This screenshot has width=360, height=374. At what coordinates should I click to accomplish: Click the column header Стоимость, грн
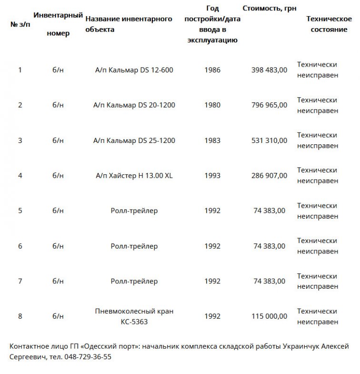point(266,9)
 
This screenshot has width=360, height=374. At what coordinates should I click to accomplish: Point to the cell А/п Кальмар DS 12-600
point(134,70)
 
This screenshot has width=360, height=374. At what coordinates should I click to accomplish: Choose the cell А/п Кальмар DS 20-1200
point(134,105)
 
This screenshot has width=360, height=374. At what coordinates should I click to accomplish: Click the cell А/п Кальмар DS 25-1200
point(134,141)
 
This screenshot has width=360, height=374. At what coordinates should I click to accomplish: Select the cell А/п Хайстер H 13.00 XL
point(134,176)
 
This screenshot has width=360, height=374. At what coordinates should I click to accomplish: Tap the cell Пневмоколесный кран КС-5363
point(134,316)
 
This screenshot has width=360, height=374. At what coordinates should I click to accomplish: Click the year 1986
point(212,70)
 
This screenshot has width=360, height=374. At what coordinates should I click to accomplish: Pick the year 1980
point(212,105)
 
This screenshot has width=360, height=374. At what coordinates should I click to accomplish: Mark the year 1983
point(212,141)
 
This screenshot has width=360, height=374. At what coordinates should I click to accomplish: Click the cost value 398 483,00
point(269,70)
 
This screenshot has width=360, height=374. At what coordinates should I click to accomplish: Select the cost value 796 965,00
point(269,105)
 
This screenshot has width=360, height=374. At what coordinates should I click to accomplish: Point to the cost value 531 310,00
point(269,141)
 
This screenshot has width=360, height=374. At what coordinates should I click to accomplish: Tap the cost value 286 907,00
point(269,176)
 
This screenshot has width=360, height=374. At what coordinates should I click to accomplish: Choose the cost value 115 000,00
point(269,316)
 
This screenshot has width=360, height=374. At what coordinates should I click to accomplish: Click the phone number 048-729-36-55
point(87,357)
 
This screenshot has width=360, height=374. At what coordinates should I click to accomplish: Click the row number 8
point(20,316)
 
